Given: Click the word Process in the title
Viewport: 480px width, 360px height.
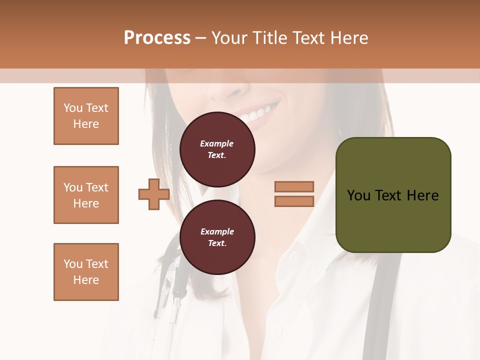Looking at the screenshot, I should [157, 38].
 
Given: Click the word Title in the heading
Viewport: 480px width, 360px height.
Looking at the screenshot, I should [270, 38].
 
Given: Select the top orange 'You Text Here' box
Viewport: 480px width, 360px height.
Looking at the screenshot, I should [86, 116].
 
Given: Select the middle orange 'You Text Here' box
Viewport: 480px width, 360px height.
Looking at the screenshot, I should [86, 195].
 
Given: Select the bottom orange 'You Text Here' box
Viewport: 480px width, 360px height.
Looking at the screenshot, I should [86, 272].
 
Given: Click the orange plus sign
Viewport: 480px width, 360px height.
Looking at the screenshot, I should [154, 194].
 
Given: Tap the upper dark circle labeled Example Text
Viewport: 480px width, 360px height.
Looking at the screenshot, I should [217, 149].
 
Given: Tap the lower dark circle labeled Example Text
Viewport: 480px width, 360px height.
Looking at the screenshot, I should [217, 237].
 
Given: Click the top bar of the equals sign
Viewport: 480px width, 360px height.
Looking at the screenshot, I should [294, 187].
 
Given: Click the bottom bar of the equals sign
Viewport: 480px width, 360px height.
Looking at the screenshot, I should [294, 201].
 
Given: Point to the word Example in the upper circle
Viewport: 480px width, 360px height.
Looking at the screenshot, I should [217, 143].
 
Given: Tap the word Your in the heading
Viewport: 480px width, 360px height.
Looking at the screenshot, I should [228, 38].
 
